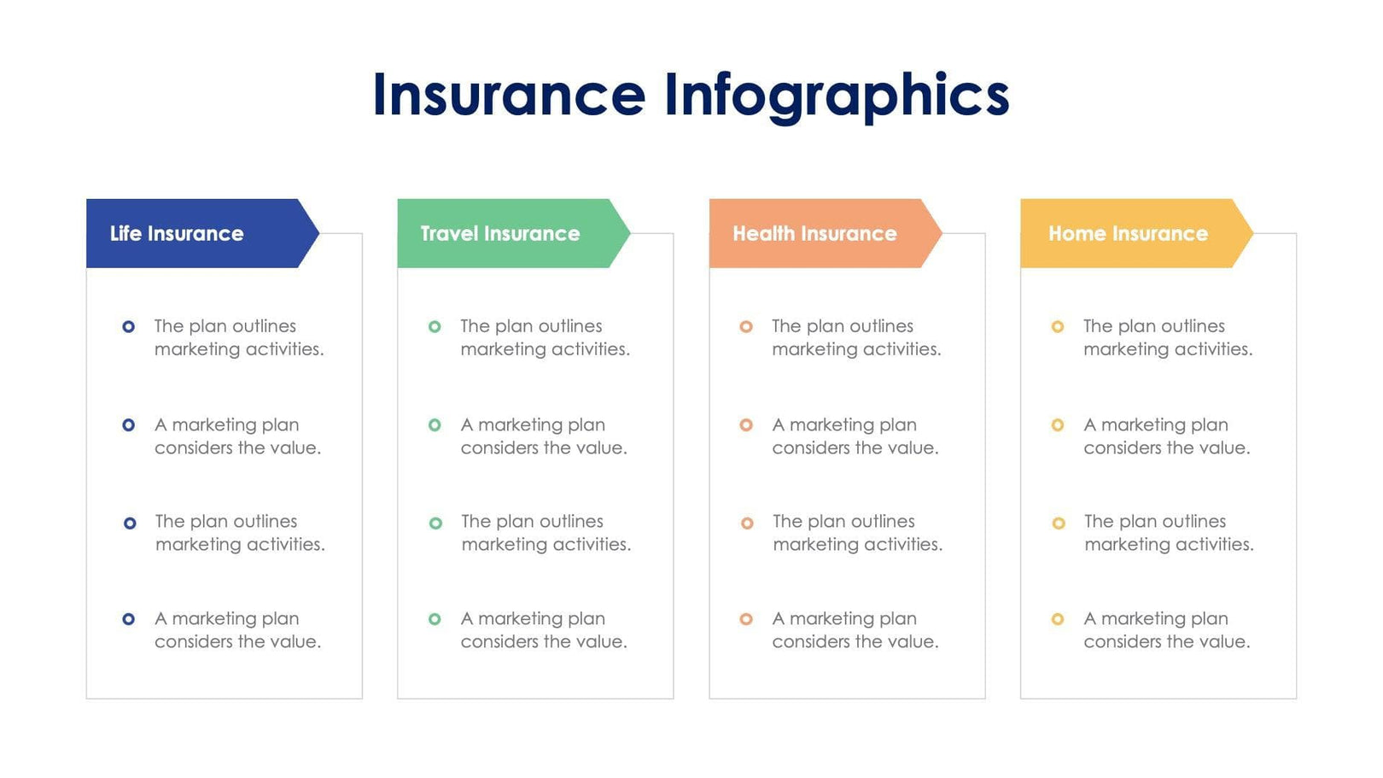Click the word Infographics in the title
coord(837,95)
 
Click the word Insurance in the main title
coord(509,95)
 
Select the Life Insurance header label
coord(177,233)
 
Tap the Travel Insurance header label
coord(499,233)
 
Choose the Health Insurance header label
coord(814,233)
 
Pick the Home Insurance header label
coord(1128,233)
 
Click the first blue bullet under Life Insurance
coord(129,326)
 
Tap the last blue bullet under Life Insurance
coord(129,619)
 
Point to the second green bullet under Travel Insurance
coord(435,424)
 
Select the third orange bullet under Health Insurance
coord(747,523)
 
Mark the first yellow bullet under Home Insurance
coord(1058,326)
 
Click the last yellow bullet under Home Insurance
coord(1058,619)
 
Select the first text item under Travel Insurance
coord(545,337)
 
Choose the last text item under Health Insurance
coord(855,630)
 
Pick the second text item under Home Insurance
coord(1166,436)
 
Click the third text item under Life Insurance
coord(239,533)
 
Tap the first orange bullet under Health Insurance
coord(746,326)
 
